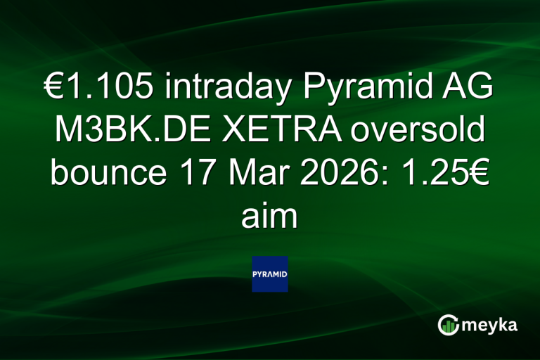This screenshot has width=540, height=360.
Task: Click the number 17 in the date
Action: (x=182, y=174)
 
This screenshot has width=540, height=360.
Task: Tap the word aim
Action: (x=269, y=215)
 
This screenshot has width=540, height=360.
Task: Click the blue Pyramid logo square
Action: (x=269, y=274)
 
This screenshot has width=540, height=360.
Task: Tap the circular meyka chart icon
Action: (x=448, y=325)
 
